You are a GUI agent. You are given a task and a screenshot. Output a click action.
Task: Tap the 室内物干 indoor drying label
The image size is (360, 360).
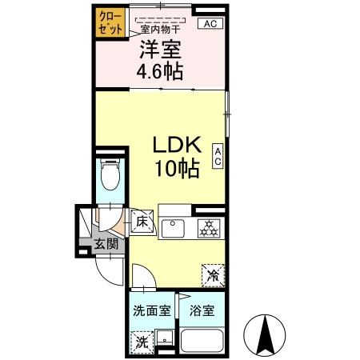160,31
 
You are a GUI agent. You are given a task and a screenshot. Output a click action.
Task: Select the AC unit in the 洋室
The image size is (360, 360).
210,23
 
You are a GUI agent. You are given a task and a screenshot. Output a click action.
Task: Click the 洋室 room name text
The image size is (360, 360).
160,50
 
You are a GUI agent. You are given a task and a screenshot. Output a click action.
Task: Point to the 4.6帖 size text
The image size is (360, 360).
160,72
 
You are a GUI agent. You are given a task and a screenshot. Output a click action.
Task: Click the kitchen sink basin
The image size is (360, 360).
174,229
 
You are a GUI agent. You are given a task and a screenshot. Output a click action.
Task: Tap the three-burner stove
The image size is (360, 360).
209,229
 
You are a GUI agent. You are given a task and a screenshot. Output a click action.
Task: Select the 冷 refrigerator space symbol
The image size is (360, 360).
213,274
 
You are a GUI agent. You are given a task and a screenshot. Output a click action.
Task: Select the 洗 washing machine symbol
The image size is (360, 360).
141,340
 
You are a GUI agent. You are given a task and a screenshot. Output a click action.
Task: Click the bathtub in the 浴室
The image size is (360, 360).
202,342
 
